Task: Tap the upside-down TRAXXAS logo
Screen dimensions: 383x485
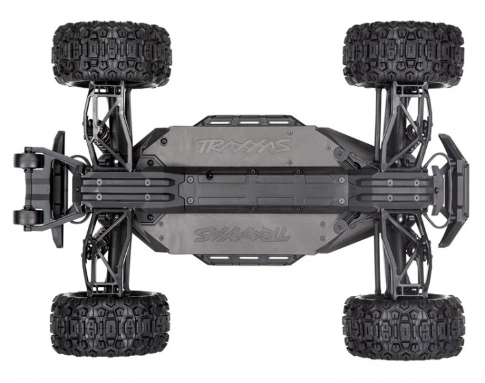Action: [242, 234]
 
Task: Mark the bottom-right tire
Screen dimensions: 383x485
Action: [404, 326]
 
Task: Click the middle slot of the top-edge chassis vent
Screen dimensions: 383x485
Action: [243, 121]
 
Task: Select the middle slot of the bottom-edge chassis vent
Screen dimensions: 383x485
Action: [243, 260]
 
